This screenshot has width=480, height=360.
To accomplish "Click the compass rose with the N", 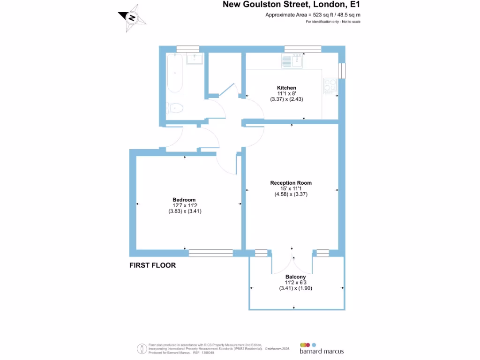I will coord(132,19).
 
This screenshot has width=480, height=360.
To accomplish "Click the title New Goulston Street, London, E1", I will coord(291,5).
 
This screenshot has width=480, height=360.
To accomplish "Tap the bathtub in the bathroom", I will coord(175,73).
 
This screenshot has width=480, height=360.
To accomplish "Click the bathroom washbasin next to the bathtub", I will coord(194,59).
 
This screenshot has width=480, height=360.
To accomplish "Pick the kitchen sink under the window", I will coord(293,60).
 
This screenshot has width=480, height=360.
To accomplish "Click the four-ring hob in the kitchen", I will coord(330,84).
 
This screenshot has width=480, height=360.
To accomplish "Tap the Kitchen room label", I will coord(286,88).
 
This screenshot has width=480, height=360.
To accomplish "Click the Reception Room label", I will coord(291,183).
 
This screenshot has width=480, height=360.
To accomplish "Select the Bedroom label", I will coord(184,200).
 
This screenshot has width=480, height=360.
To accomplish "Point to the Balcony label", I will coord(295,277).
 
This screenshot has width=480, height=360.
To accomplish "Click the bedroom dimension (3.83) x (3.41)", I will coord(185,211).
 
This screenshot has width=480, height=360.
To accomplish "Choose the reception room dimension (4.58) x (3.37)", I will coord(291,194).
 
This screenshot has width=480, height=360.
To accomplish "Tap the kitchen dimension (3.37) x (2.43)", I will coord(286,99).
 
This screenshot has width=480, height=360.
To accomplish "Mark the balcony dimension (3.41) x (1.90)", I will coord(295,288).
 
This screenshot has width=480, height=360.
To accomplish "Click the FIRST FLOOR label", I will coord(152,265).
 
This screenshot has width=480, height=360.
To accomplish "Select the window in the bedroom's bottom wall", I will coord(210,253).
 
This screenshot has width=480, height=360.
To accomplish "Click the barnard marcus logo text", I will coord(322,351).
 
